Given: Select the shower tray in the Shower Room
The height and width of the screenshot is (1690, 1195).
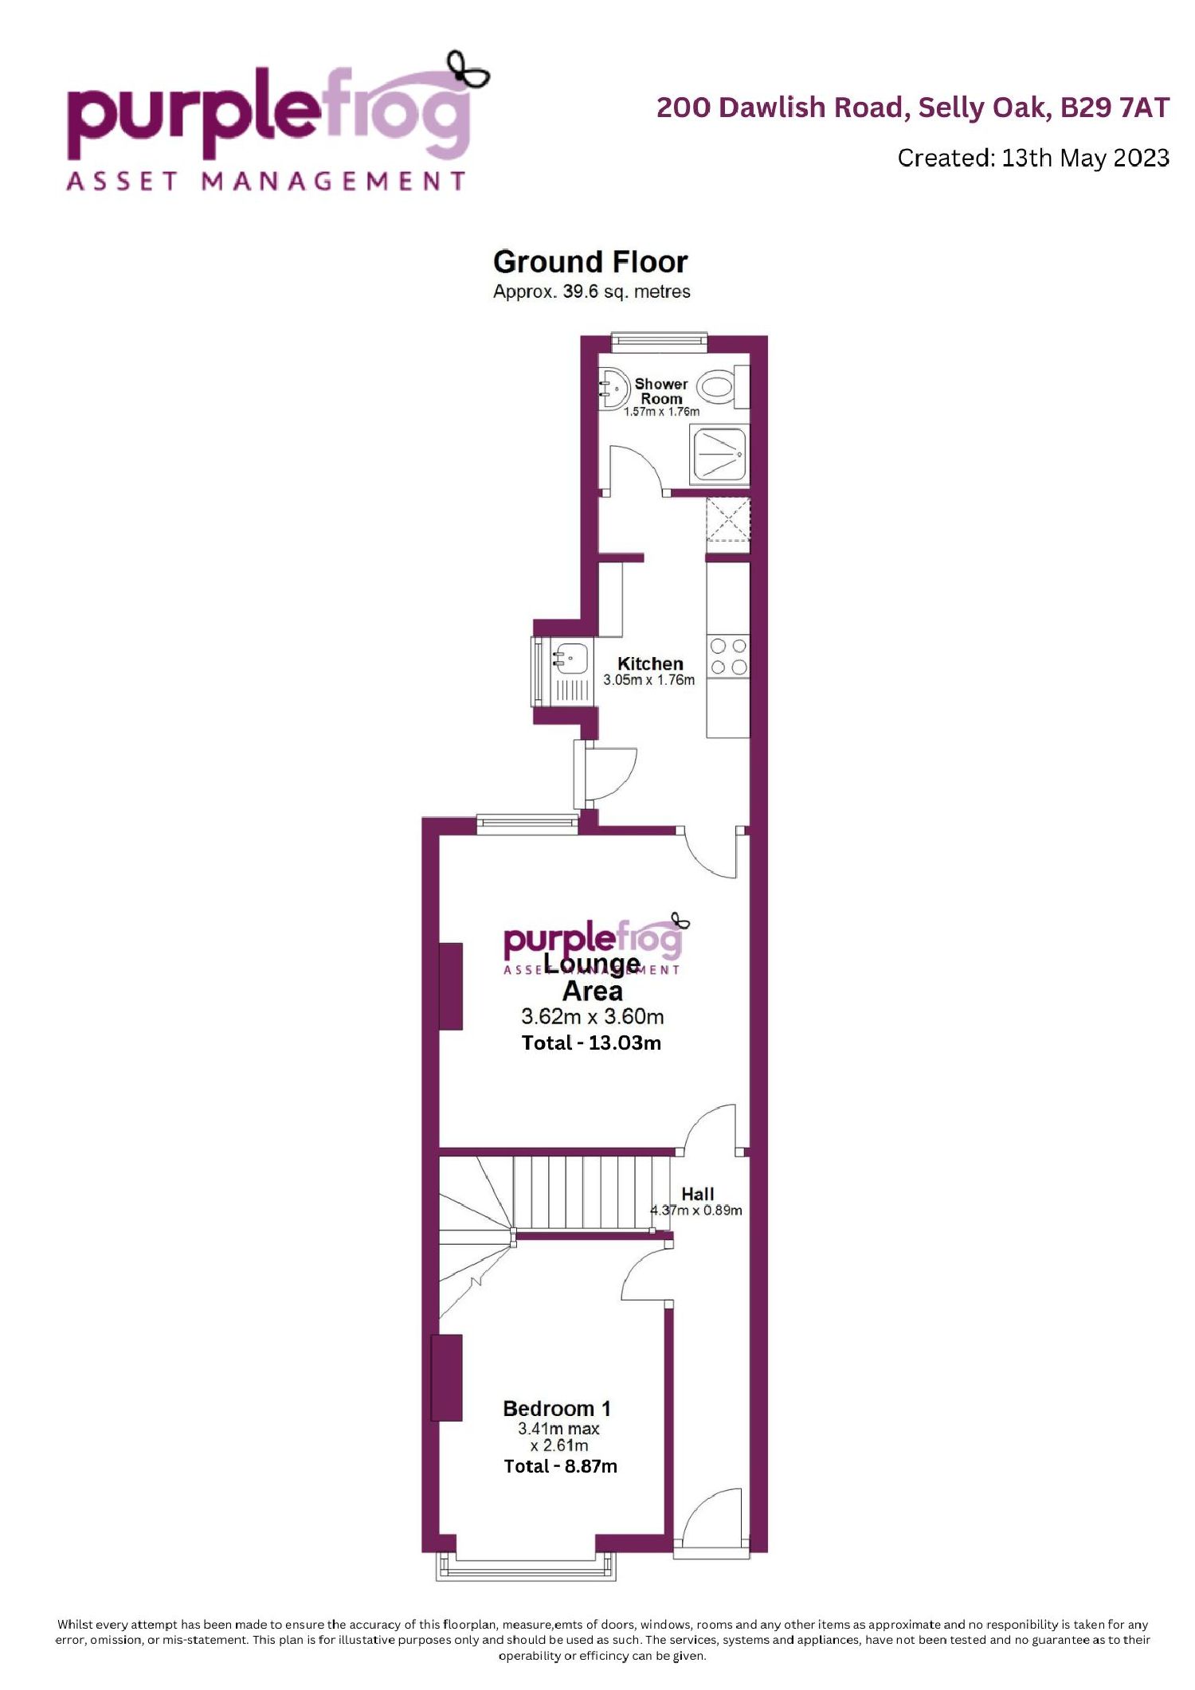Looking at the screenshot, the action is tap(719, 454).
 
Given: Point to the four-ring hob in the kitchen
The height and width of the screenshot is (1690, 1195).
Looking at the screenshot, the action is tap(728, 657).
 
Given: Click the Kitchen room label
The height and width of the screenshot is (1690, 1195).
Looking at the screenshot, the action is tap(650, 663).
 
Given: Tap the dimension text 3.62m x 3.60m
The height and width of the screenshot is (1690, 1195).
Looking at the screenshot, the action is tap(592, 1016).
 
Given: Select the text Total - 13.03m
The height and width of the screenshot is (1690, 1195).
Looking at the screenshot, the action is tap(591, 1043).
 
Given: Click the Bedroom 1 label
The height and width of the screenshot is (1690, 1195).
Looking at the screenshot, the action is tap(557, 1408).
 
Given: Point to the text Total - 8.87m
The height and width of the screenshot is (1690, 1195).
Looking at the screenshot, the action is tap(560, 1466).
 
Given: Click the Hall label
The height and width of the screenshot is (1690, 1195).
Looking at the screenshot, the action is tap(697, 1194).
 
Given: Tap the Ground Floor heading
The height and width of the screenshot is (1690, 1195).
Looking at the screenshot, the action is tap(590, 261).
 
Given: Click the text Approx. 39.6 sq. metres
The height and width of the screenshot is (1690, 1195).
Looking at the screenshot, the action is tap(591, 291).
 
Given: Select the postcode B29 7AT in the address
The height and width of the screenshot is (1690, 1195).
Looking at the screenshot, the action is tap(1115, 107).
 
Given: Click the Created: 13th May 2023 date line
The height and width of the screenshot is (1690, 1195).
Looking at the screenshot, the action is tap(1033, 158).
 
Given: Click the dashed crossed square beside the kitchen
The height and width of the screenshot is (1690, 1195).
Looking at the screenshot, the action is tap(728, 518).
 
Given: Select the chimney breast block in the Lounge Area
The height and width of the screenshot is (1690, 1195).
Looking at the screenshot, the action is tap(451, 987).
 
